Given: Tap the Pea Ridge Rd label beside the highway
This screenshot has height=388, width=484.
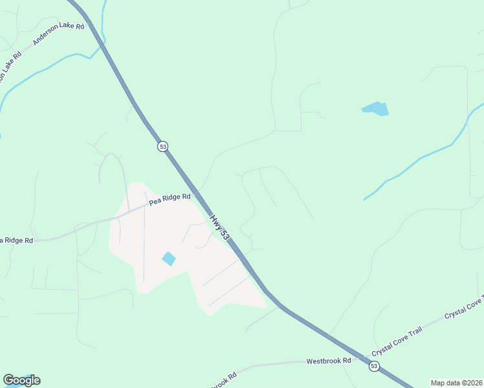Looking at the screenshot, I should pyautogui.click(x=170, y=199).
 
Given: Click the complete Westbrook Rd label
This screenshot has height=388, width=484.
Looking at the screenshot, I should pyautogui.click(x=328, y=361).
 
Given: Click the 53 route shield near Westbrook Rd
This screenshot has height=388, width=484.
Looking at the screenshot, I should pyautogui.click(x=374, y=366).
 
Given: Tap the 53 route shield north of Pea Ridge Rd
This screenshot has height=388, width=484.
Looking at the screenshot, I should pyautogui.click(x=162, y=146).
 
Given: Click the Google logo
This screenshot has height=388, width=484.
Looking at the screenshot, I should pyautogui.click(x=21, y=380).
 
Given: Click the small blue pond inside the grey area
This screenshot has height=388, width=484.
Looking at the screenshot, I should pyautogui.click(x=169, y=259).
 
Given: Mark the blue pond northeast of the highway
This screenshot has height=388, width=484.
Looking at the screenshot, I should pyautogui.click(x=375, y=109).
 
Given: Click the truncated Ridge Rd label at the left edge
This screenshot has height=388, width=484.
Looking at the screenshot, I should pyautogui.click(x=16, y=241).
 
